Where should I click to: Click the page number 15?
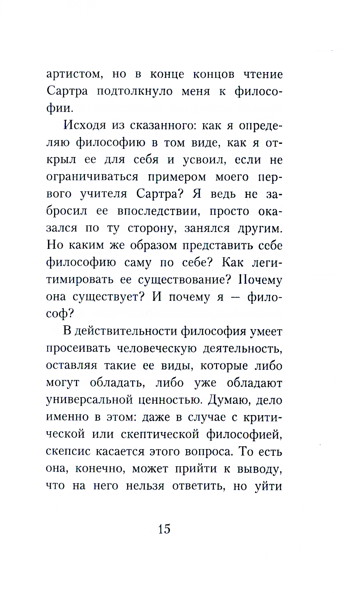(x=164, y=529)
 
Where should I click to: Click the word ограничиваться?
(x=92, y=177)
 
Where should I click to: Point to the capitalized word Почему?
(x=255, y=280)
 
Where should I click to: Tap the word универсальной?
(x=88, y=400)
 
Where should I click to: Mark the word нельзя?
(x=145, y=486)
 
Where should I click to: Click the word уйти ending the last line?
(x=268, y=486)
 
